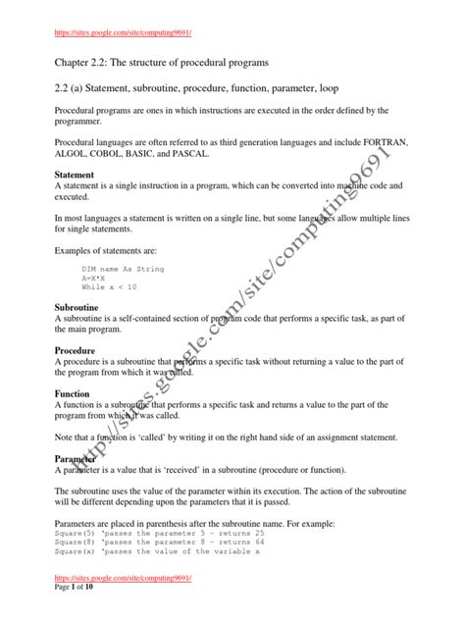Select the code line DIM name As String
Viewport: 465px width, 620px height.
click(123, 267)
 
